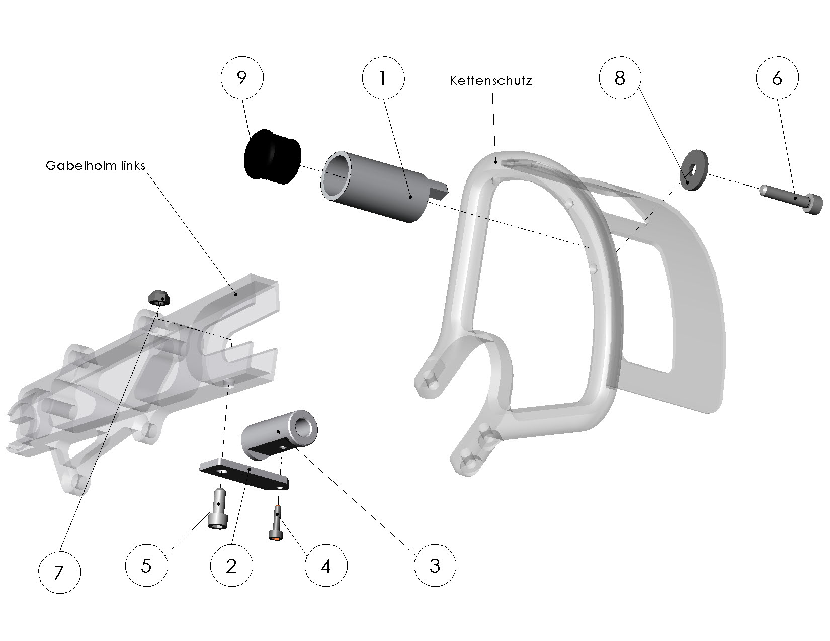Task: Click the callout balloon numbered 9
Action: (x=242, y=78)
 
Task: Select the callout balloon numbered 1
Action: (x=383, y=78)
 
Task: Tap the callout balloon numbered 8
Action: (x=620, y=78)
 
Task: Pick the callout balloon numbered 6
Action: (x=777, y=78)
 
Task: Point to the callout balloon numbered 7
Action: (x=59, y=572)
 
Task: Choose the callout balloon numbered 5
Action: (x=146, y=566)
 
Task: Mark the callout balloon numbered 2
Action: (x=231, y=566)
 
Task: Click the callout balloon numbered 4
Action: (x=326, y=566)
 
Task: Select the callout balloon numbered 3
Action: (x=435, y=566)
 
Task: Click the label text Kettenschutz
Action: (x=491, y=80)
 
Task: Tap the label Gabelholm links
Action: (x=95, y=165)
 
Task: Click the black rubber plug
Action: (x=272, y=157)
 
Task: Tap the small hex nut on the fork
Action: (x=159, y=298)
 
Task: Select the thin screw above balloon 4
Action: (x=277, y=523)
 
